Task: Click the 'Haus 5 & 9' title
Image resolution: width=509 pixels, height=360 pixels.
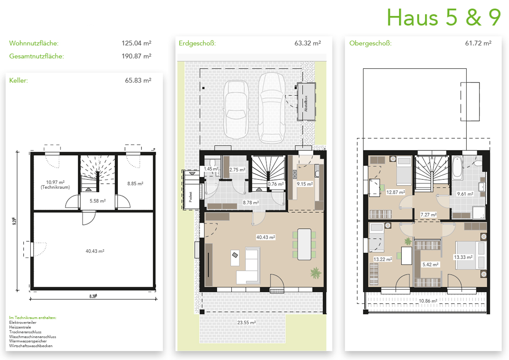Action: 444,17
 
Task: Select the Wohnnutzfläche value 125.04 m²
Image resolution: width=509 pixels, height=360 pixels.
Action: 136,43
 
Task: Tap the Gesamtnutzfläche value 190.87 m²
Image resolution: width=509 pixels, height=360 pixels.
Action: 136,56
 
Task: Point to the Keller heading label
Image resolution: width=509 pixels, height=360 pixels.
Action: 18,80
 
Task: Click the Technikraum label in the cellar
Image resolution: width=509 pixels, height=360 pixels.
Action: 55,187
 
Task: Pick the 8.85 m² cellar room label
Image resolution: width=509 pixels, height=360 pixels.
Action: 135,183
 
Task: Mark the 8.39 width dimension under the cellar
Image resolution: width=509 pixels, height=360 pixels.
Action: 93,296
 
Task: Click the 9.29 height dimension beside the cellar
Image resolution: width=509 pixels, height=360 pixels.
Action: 15,221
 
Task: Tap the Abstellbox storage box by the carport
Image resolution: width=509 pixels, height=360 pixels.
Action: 306,102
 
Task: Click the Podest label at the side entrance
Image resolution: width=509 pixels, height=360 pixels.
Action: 191,197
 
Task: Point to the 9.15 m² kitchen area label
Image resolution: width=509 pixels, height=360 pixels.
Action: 305,184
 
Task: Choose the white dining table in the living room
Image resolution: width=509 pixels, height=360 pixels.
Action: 305,244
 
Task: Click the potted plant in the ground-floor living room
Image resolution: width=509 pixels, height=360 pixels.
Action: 316,273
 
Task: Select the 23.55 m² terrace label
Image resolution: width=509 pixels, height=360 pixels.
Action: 246,323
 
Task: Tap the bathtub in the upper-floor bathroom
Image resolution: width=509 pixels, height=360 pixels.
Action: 457,168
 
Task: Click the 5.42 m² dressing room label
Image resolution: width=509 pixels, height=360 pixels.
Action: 430,265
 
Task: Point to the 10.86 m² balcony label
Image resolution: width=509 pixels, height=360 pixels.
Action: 428,301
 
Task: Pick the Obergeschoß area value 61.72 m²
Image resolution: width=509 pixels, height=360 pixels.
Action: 478,43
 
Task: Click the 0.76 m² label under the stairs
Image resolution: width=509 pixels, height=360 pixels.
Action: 275,184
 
